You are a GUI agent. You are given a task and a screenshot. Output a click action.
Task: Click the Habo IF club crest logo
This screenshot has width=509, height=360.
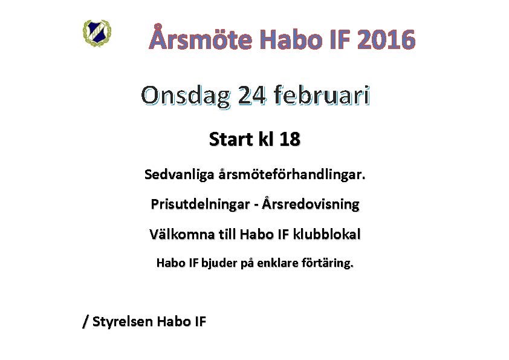[x=97, y=33]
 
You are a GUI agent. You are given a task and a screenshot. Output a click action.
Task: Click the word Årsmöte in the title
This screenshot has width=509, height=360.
[x=201, y=38]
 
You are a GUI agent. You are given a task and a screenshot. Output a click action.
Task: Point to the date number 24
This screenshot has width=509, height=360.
[x=252, y=96]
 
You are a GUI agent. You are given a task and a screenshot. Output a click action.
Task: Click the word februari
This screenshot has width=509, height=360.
[x=322, y=95]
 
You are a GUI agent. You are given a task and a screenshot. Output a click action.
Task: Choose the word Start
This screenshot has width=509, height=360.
[x=231, y=139]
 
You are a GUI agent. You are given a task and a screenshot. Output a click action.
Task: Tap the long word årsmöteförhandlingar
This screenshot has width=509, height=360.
[x=292, y=175]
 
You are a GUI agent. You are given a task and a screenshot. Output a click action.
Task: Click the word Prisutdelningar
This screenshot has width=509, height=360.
[x=200, y=205]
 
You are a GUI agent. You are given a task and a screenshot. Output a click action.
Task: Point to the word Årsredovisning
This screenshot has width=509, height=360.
[x=311, y=204]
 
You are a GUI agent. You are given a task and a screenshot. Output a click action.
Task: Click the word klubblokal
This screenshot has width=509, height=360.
[x=326, y=234]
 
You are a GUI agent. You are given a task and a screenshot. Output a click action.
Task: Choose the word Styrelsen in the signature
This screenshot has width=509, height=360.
[x=123, y=321]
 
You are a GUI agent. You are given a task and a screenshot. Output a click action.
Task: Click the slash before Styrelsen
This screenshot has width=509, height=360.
[x=86, y=322]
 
